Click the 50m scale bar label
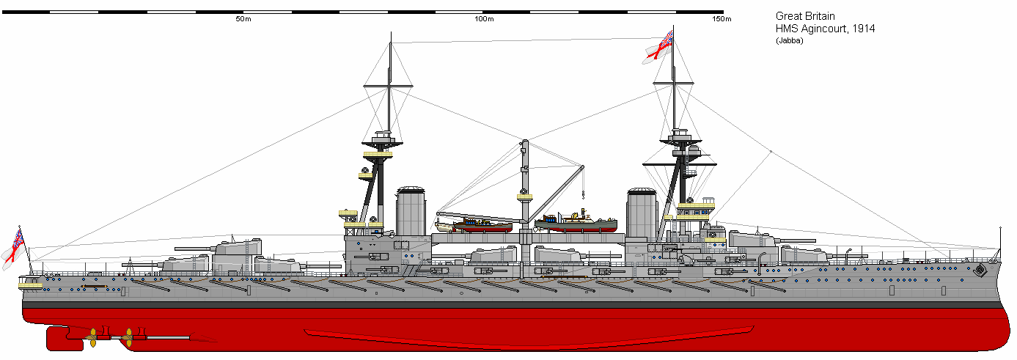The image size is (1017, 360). tap(243, 19)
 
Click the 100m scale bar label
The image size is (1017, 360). tap(483, 19)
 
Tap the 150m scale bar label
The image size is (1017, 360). tap(722, 19)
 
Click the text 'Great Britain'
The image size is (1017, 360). tap(805, 16)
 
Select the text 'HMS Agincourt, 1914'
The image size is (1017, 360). tap(825, 29)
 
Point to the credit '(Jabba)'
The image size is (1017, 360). tap(789, 40)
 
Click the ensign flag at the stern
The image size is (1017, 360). tap(14, 246)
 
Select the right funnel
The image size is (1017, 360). tap(641, 213)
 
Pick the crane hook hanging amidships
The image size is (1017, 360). tap(581, 196)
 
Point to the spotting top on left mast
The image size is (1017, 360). tap(382, 139)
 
